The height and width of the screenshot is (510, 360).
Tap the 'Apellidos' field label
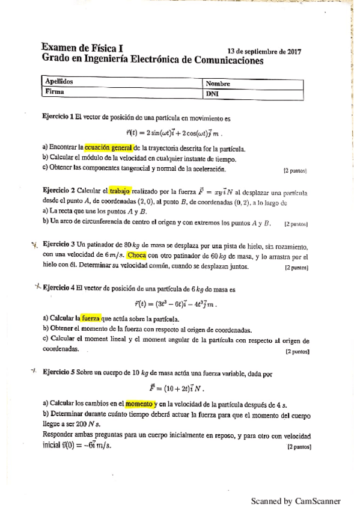[59, 81]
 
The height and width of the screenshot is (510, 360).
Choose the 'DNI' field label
[212, 94]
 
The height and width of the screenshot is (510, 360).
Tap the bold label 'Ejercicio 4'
[63, 287]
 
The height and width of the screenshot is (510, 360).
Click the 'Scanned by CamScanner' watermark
[296, 500]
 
